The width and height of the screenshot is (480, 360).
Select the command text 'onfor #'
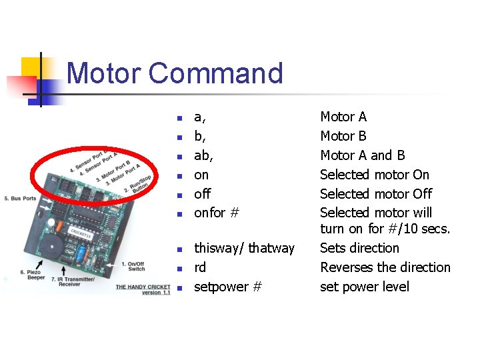[x=217, y=213]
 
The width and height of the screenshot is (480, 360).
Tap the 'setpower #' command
[x=227, y=287]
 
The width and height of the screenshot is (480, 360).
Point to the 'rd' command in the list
[x=200, y=267]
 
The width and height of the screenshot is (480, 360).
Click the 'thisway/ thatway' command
[x=244, y=248]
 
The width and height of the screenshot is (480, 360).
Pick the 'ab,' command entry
[x=203, y=155]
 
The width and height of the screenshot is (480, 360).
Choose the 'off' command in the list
[x=202, y=194]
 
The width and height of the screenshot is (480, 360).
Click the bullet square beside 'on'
[x=179, y=176]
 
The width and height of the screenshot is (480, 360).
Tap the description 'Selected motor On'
[x=375, y=175]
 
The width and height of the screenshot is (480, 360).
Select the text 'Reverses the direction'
[x=385, y=267]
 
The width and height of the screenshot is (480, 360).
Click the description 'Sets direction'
[x=359, y=248]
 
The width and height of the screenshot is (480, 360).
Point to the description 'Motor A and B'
[x=363, y=155]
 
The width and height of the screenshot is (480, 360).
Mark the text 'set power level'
[x=365, y=287]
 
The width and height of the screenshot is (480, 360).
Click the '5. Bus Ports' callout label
[x=19, y=199]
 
